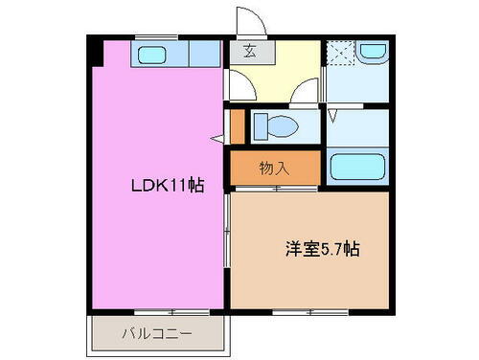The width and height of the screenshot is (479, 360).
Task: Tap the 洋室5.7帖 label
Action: [320, 250]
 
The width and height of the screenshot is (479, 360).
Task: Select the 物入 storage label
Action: [274, 169]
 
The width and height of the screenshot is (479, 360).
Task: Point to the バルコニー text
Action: [157, 335]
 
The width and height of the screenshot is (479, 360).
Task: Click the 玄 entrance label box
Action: [249, 52]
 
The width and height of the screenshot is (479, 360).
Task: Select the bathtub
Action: [357, 169]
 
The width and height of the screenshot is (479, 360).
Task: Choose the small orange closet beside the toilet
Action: [238, 126]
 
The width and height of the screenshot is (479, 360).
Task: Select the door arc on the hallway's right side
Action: [308, 94]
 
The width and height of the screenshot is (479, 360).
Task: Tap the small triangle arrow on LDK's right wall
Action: [217, 140]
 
